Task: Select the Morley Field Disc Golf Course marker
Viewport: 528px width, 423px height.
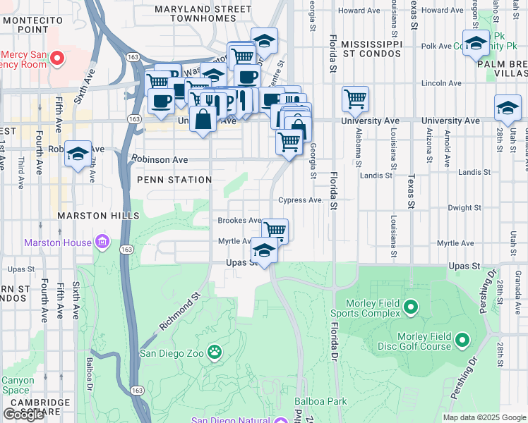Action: [462, 341]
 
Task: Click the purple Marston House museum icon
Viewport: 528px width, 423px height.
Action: [102, 243]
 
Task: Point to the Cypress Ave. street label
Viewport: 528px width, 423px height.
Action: [301, 200]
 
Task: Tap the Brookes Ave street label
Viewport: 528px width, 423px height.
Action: [239, 221]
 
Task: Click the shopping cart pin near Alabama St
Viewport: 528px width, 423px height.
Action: [355, 99]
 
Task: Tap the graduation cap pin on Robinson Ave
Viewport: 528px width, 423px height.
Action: [78, 154]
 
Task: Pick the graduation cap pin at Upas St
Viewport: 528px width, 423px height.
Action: [264, 251]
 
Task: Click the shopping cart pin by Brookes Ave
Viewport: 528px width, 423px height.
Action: [275, 230]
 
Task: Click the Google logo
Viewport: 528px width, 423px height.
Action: [23, 414]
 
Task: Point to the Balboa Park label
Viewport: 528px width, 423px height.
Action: [321, 401]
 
